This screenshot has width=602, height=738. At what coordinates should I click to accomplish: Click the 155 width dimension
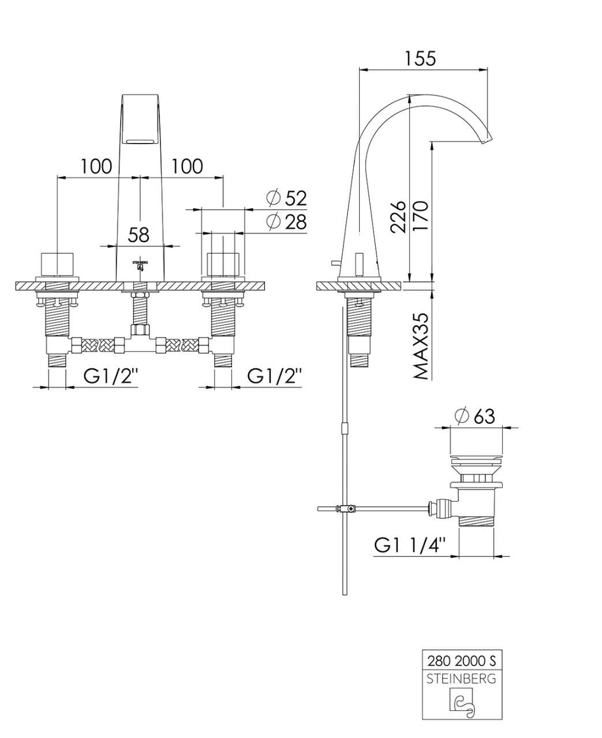420,58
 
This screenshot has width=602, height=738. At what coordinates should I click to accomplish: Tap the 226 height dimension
398,217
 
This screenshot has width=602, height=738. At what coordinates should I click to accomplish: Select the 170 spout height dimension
421,216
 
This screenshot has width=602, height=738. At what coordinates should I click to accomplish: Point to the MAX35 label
421,346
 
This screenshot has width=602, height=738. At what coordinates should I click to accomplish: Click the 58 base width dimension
139,235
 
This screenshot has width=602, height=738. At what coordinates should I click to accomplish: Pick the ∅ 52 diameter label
287,198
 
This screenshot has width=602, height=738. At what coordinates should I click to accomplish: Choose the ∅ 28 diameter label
287,222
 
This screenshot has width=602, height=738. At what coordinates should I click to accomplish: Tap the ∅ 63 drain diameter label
476,416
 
